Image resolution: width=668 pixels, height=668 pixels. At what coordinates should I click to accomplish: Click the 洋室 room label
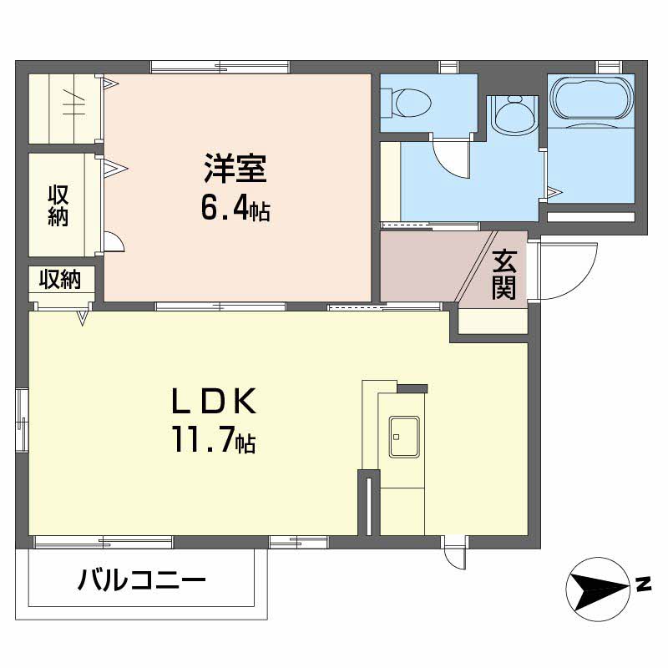[235, 170]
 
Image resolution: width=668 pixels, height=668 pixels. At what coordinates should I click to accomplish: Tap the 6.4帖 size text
[235, 209]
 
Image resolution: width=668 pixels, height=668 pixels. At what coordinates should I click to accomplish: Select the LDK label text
[213, 402]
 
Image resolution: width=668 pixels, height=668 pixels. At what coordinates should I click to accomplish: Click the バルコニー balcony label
[142, 579]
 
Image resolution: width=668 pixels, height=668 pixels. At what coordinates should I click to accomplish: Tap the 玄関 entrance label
[504, 275]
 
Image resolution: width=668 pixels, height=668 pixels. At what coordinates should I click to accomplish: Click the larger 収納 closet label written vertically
[58, 205]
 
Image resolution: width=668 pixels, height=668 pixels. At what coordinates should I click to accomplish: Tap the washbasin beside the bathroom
[510, 114]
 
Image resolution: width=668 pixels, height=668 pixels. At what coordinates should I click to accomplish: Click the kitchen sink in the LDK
[404, 437]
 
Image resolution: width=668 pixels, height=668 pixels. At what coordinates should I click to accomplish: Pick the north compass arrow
[596, 587]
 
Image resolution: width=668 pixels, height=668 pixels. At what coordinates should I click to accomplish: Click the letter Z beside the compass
[643, 584]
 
